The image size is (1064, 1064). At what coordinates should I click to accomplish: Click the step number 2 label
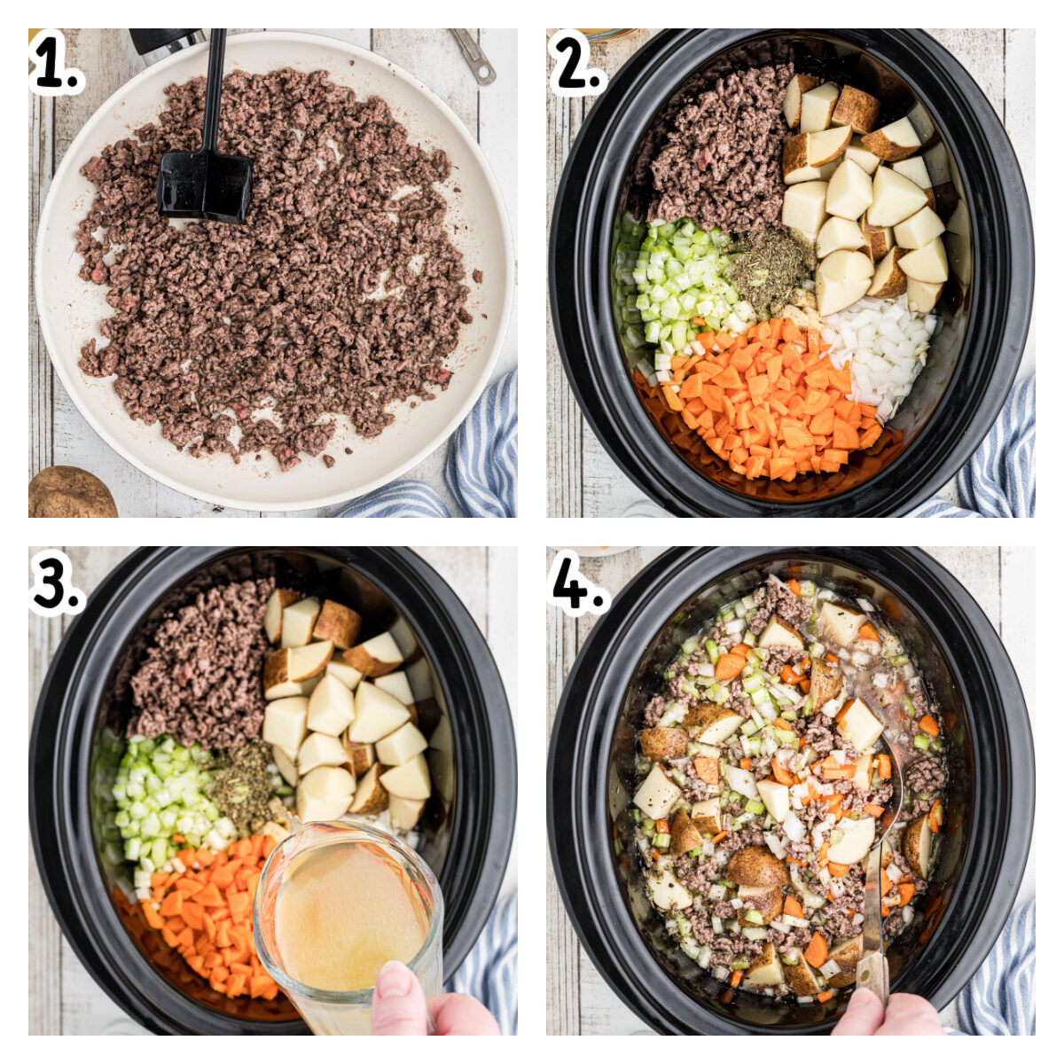578,62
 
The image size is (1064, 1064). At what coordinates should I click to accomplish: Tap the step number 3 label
58,582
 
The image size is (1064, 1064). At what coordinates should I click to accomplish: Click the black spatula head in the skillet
204,185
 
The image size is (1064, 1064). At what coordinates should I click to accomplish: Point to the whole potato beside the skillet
72,491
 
